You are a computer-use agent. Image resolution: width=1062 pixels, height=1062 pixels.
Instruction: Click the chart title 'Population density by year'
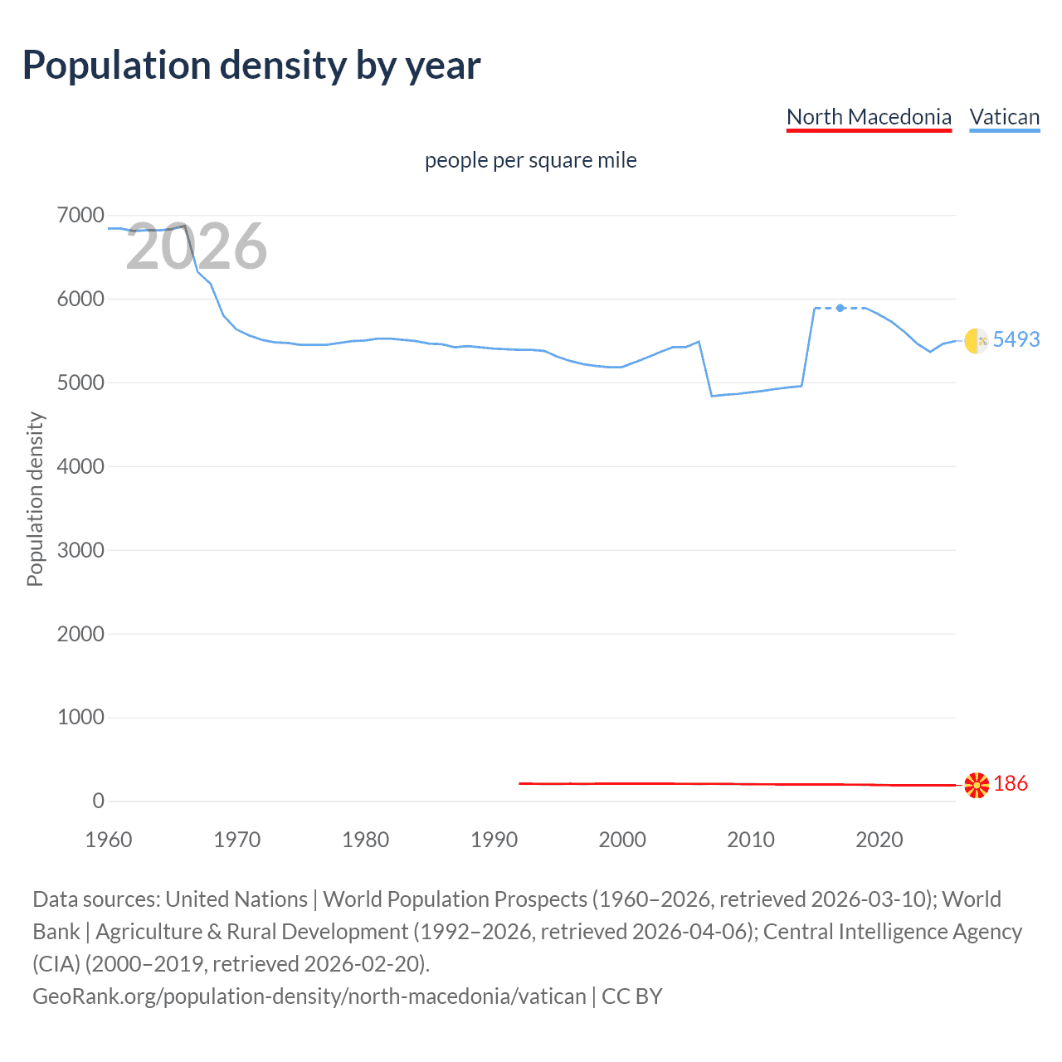251,66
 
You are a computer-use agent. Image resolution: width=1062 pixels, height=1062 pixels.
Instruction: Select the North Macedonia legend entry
869,117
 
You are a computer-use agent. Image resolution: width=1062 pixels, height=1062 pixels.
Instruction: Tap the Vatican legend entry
1004,117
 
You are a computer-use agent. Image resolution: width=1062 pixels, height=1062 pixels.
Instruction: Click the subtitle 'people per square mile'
530,160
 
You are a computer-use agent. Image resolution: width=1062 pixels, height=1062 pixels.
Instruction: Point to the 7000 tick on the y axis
80,216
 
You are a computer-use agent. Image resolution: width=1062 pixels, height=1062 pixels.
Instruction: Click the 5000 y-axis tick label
80,382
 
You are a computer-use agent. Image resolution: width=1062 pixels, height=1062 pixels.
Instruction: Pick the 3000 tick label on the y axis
80,550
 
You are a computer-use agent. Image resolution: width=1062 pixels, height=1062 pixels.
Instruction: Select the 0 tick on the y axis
98,801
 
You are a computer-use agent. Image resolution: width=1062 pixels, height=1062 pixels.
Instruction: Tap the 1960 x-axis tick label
109,840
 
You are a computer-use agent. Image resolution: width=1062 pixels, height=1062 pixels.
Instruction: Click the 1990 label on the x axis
494,840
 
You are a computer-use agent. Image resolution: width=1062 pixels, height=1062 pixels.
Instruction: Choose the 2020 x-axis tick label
879,840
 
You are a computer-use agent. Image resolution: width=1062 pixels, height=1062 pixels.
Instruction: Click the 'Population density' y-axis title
35,499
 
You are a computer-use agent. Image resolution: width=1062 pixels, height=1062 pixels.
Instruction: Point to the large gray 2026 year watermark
197,246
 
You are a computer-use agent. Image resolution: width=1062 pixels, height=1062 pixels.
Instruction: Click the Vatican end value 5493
1016,339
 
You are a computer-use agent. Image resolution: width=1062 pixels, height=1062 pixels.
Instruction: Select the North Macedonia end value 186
1010,783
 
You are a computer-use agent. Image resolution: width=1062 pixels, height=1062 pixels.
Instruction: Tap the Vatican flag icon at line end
977,340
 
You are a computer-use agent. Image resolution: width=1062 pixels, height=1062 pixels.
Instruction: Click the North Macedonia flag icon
977,784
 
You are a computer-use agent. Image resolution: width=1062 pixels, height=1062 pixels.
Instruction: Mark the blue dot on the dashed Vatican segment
840,308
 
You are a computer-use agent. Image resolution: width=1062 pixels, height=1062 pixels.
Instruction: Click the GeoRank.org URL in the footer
309,996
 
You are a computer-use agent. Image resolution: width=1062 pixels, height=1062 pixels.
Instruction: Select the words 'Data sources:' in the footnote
95,899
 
